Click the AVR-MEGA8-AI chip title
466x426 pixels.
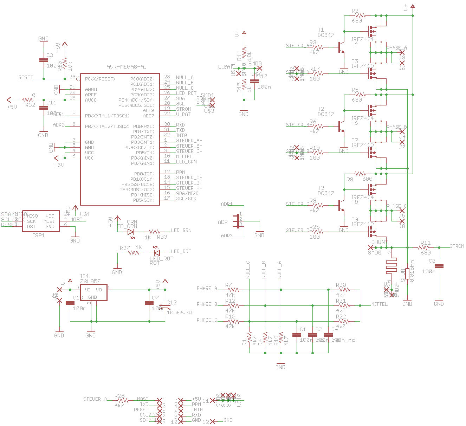[x=126, y=67]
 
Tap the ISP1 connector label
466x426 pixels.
[x=39, y=235]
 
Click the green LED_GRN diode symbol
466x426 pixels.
[x=131, y=232]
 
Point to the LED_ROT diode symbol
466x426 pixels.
[x=156, y=253]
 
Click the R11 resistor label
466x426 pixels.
[x=426, y=243]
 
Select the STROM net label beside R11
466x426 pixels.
[x=457, y=246]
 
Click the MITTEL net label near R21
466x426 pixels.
[x=379, y=304]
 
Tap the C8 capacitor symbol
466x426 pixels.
[x=439, y=266]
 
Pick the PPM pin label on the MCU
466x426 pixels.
[x=180, y=173]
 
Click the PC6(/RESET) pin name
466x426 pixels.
[x=100, y=79]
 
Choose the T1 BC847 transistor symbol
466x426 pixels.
[x=340, y=47]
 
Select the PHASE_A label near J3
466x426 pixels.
[x=396, y=48]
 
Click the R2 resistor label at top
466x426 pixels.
[x=355, y=11]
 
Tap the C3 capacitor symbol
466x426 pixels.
[x=43, y=60]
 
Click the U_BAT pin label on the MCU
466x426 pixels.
[x=183, y=115]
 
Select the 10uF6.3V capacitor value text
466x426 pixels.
[x=179, y=312]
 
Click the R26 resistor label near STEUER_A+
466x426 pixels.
[x=119, y=396]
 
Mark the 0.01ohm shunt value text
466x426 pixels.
[x=412, y=271]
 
